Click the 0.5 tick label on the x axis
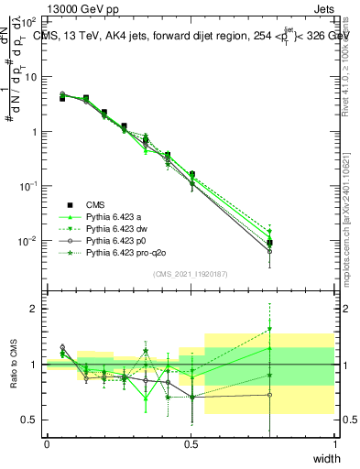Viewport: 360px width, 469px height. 191,443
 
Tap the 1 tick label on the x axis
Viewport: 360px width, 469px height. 335,443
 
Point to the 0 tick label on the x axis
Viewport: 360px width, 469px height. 47,443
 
